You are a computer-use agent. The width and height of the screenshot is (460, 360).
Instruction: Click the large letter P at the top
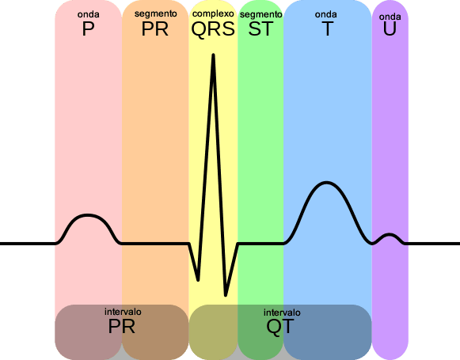click(89, 28)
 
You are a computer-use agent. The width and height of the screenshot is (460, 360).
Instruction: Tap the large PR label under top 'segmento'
click(155, 28)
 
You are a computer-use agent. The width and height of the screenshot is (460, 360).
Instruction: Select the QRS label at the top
click(213, 29)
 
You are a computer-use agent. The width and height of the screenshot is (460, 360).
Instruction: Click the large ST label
click(260, 28)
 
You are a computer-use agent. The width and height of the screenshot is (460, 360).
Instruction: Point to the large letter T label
click(328, 28)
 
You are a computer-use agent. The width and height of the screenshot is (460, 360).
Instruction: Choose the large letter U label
click(390, 28)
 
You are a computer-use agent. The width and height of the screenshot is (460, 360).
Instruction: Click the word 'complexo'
click(213, 13)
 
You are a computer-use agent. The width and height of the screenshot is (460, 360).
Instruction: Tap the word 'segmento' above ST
click(260, 14)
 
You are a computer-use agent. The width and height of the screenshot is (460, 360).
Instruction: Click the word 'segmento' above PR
click(155, 13)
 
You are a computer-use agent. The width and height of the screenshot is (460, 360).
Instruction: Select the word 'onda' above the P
click(89, 14)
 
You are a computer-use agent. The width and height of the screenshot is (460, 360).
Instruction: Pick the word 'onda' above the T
click(325, 14)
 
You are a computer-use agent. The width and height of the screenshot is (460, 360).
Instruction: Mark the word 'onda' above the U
click(390, 17)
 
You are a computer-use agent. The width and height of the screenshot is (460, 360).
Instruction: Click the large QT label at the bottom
click(279, 326)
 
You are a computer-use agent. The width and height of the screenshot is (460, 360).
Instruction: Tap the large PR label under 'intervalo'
click(121, 326)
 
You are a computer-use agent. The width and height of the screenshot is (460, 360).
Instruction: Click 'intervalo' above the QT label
click(282, 313)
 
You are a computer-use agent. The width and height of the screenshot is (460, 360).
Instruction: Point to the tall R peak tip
click(213, 55)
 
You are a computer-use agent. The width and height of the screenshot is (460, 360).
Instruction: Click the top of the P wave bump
click(88, 215)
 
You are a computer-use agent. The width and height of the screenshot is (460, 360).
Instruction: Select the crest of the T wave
click(326, 183)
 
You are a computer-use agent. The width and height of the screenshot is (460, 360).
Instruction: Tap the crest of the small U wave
click(390, 234)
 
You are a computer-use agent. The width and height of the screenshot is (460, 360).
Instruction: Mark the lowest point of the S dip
click(226, 295)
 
